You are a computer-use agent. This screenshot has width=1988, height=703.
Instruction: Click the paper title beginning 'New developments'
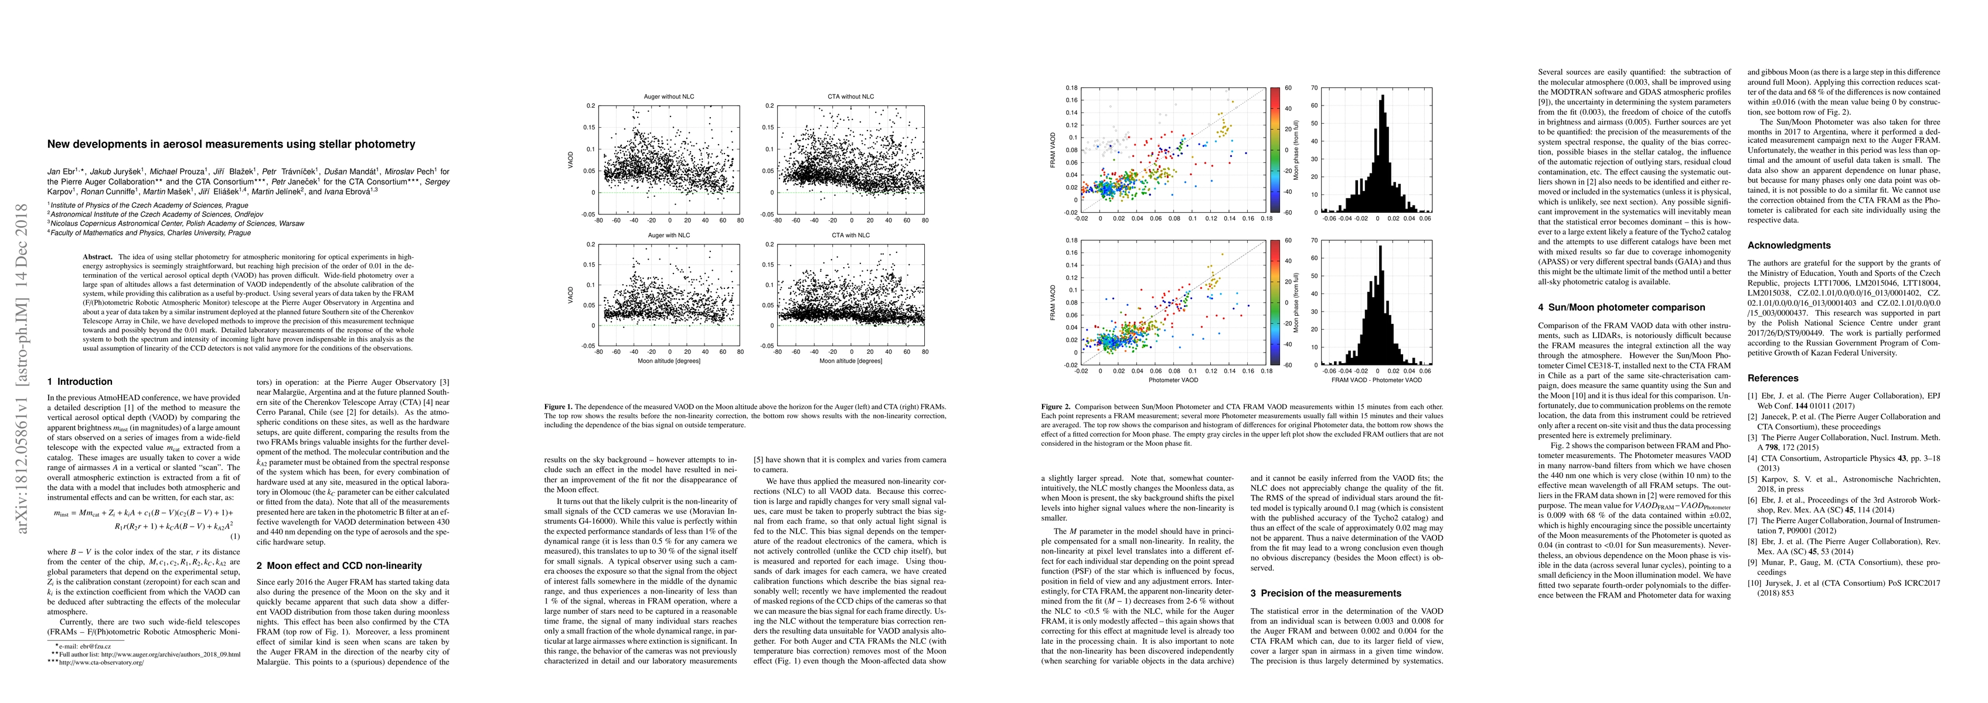click(232, 144)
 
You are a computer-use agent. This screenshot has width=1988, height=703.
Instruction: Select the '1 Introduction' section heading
click(80, 381)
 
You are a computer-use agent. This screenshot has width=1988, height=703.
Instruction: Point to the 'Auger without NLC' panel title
click(669, 97)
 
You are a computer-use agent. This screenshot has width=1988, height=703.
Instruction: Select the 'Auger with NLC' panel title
click(669, 234)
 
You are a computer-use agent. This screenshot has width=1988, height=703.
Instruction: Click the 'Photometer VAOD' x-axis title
click(1173, 380)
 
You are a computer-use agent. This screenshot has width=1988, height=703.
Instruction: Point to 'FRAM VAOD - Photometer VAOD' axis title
click(1377, 380)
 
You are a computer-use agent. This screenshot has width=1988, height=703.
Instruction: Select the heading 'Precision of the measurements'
click(1325, 593)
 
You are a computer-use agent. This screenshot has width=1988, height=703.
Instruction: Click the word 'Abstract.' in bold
click(98, 256)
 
